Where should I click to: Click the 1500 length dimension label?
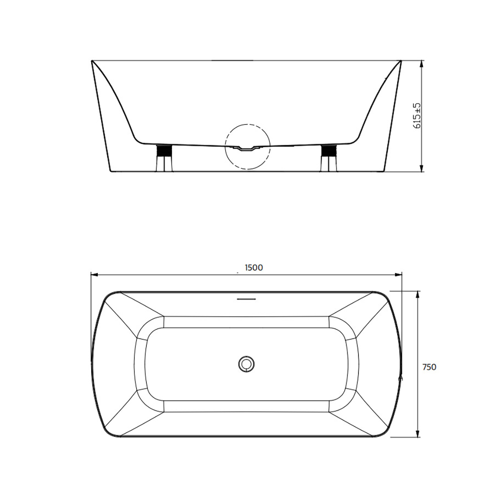pos(254,268)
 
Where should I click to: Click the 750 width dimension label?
pos(429,367)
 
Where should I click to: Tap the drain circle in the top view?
pos(246,364)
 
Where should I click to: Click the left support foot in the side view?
pos(163,158)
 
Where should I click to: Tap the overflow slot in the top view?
pos(246,299)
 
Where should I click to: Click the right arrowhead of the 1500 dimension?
pos(398,275)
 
